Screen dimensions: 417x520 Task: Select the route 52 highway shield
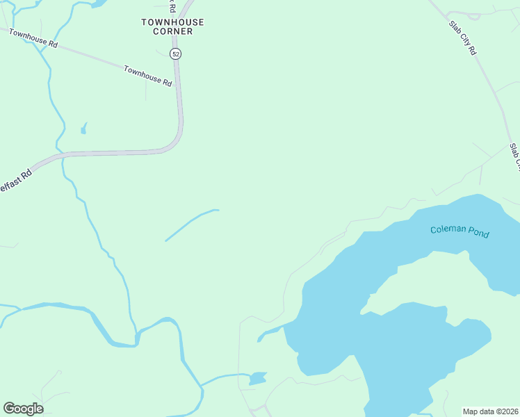click(175, 54)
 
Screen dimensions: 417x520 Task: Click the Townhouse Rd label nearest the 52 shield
click(147, 75)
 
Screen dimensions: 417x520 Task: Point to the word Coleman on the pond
click(446, 229)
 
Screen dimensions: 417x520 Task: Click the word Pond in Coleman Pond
click(478, 234)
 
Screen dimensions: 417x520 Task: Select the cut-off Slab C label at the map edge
click(514, 157)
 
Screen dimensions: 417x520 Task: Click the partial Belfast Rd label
click(15, 180)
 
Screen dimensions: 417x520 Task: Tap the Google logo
click(23, 409)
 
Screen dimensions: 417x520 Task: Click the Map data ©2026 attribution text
click(491, 411)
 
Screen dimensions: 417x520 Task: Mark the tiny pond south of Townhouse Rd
click(84, 129)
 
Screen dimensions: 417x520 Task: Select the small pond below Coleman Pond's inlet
click(257, 379)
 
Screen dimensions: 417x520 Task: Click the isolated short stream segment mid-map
click(191, 224)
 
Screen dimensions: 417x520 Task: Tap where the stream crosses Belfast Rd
click(63, 156)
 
